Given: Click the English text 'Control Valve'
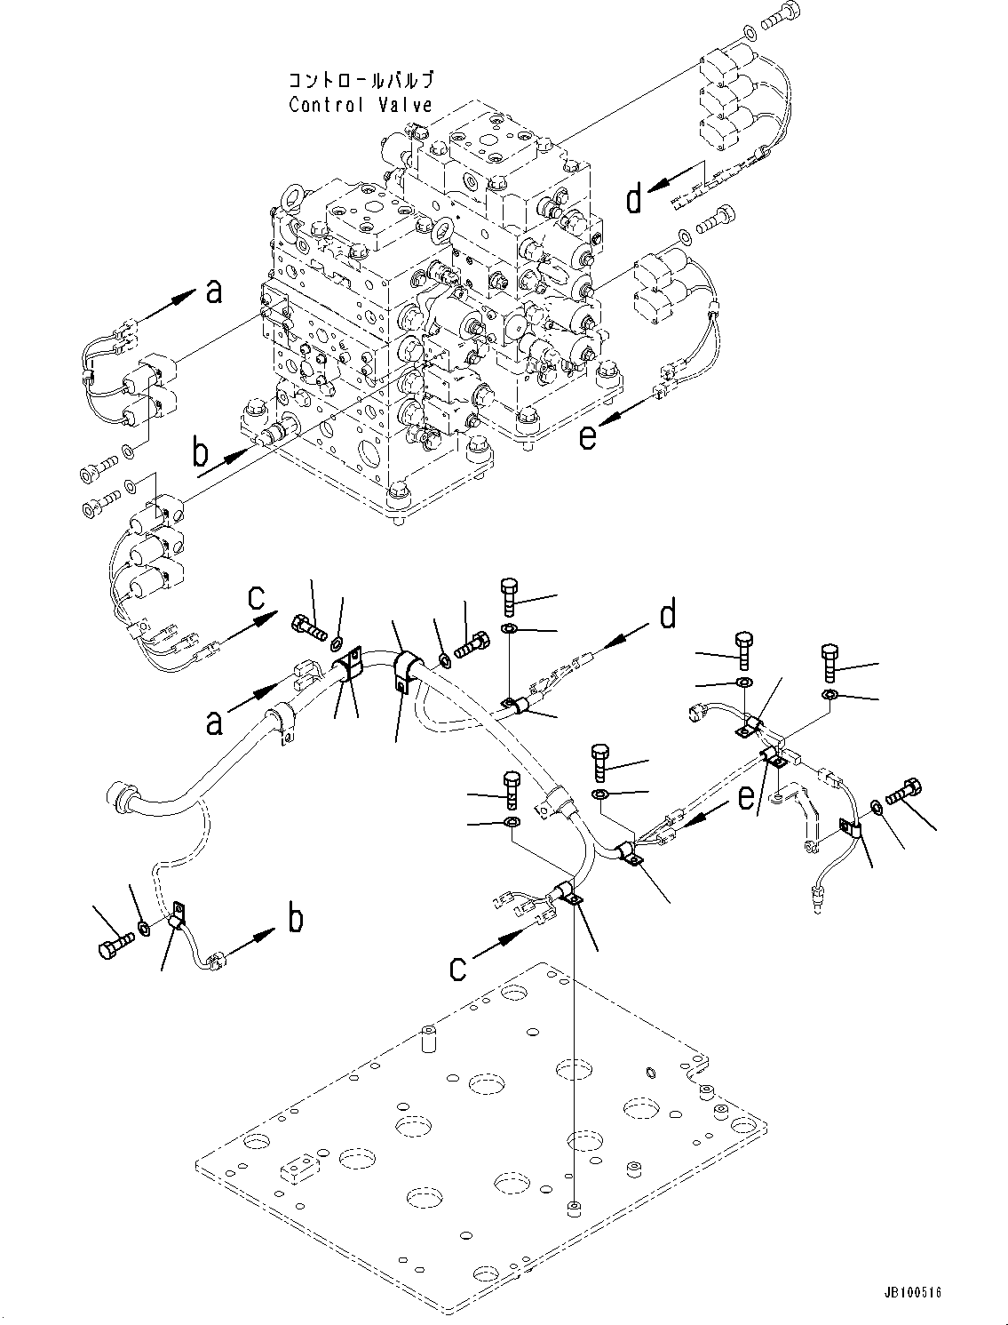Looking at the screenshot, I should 360,105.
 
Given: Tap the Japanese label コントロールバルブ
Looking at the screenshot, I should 360,81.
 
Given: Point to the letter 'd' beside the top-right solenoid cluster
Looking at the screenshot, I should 633,199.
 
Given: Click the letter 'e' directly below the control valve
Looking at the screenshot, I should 588,436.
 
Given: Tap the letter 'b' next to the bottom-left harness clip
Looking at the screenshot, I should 295,918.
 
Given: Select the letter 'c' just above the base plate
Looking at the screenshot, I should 457,966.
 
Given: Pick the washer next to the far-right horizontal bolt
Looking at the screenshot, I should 877,806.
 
